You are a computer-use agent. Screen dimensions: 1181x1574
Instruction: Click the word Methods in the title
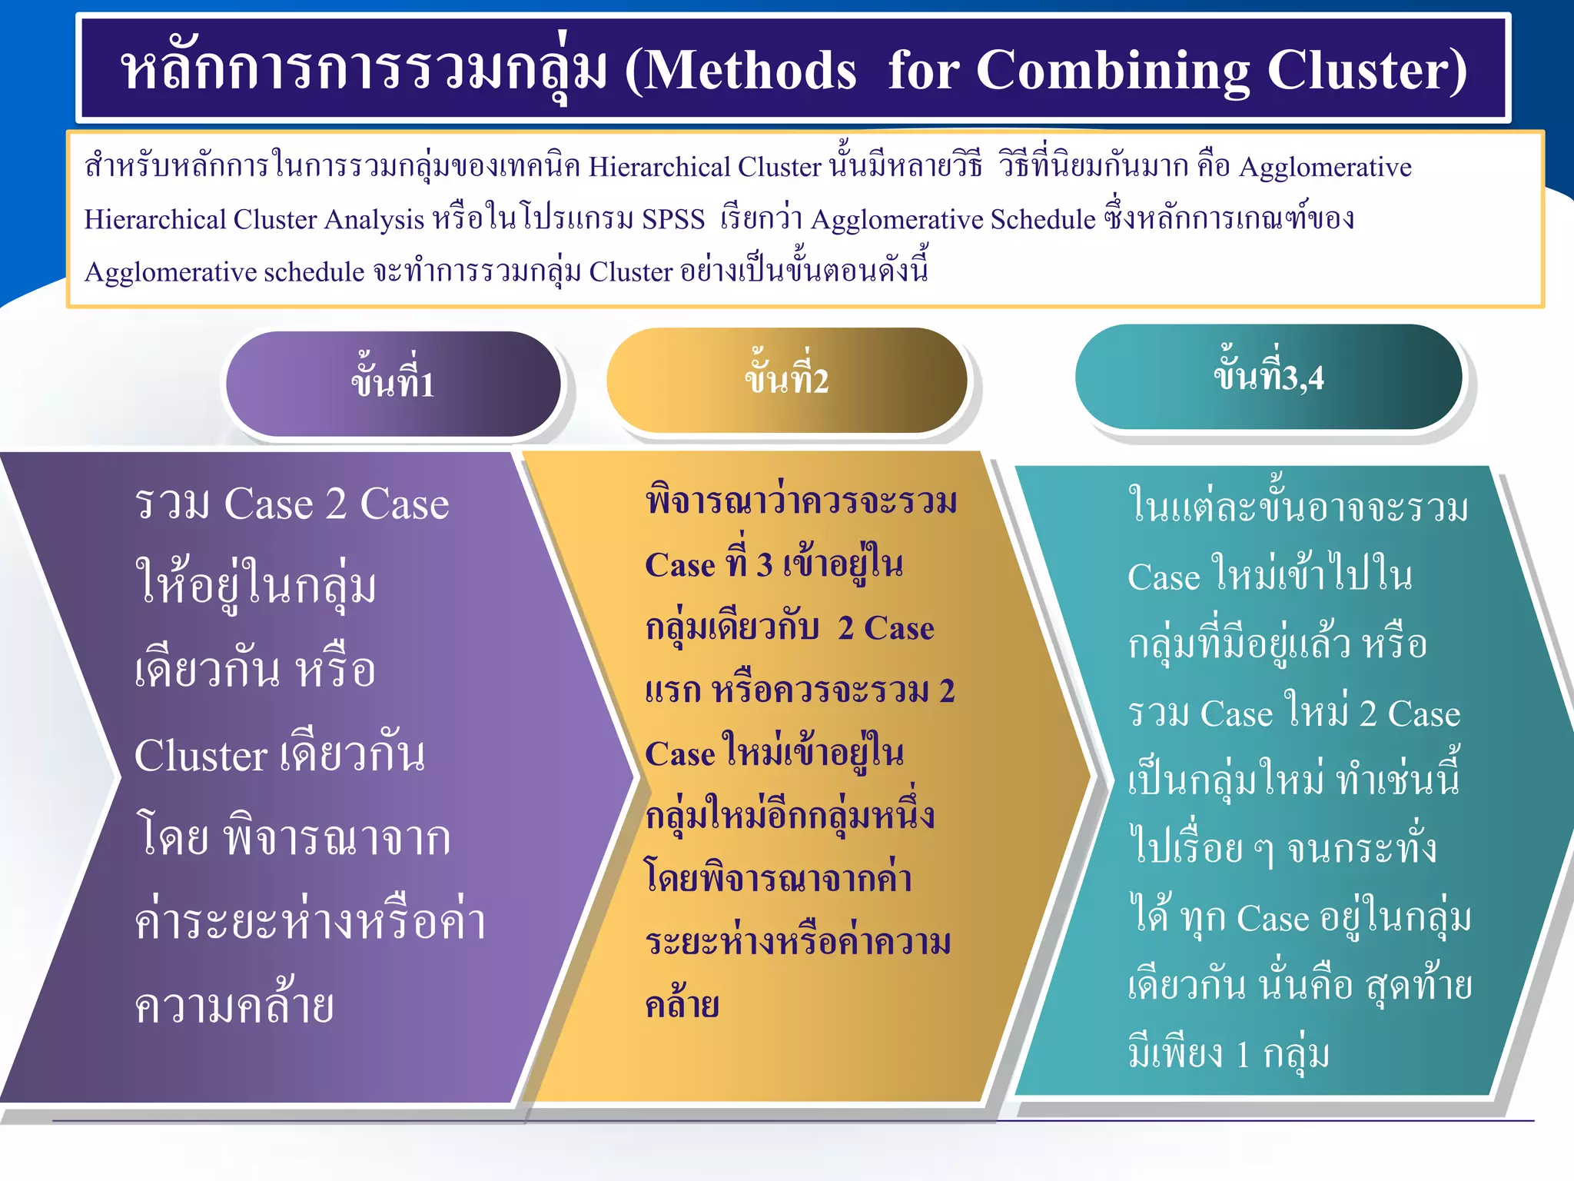coord(750,71)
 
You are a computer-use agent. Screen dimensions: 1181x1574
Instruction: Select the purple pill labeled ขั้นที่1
coord(393,384)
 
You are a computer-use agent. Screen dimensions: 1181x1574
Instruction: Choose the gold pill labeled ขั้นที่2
coord(786,380)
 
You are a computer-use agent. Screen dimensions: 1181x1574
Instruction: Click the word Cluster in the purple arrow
coord(201,755)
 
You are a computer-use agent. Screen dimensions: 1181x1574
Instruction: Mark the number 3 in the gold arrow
coord(764,565)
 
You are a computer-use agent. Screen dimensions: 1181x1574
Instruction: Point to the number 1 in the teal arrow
coord(1243,1055)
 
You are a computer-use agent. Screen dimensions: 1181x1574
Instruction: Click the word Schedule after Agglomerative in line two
coord(1043,219)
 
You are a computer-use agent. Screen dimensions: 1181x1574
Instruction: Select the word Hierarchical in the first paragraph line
coord(659,167)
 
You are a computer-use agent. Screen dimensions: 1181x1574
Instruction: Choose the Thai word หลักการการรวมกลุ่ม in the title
coord(364,71)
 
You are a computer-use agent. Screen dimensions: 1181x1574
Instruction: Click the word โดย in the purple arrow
coord(171,838)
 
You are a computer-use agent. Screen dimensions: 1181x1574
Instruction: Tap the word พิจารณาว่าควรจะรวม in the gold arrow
coord(802,501)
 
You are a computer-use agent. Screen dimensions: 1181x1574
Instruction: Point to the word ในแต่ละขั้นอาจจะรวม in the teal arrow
coord(1298,507)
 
